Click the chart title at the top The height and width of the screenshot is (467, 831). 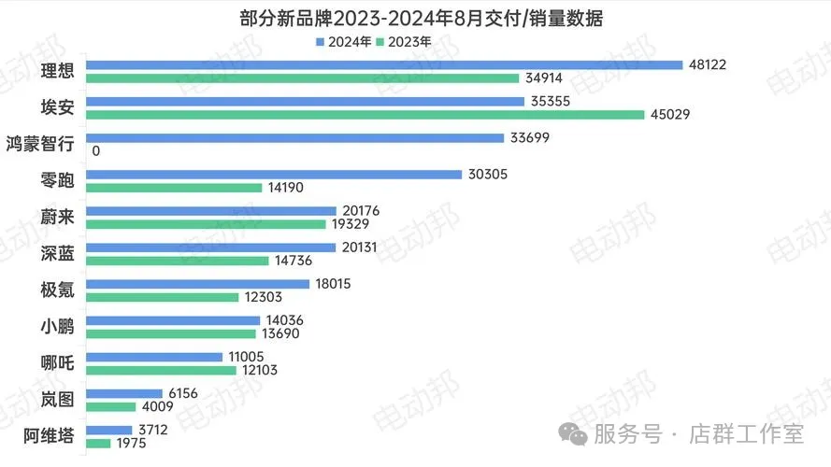point(415,18)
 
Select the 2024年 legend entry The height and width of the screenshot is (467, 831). point(344,41)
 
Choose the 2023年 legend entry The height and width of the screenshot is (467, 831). point(403,41)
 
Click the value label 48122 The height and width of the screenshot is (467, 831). point(708,65)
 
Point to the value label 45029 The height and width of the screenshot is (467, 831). point(670,115)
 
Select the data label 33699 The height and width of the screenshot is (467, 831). point(529,138)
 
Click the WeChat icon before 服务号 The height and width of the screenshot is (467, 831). point(575,435)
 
